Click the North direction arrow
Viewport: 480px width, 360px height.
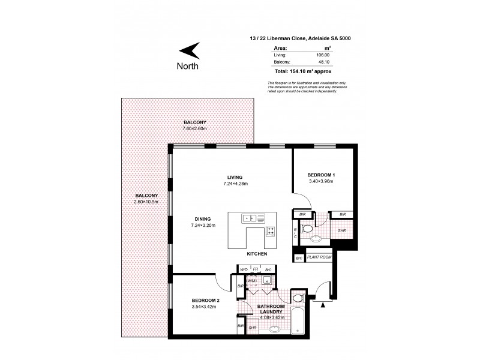[191, 50]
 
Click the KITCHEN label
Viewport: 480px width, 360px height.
[257, 254]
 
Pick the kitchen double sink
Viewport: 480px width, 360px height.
[250, 218]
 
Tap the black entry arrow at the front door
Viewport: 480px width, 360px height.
[325, 304]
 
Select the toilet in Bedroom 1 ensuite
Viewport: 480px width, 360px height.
[308, 227]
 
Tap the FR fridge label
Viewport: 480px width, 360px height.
[256, 269]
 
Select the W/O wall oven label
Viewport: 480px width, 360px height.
[244, 269]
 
